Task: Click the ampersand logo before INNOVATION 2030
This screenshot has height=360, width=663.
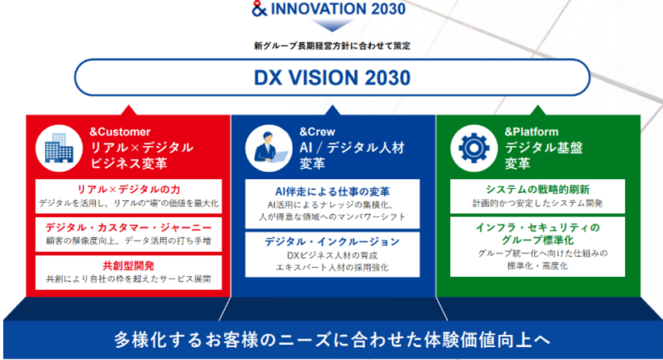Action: [259, 8]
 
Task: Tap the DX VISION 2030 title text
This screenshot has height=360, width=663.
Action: [332, 77]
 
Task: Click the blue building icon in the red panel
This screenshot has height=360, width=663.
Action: [59, 148]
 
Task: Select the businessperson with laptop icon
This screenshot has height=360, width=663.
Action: [269, 148]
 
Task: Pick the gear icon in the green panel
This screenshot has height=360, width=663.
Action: [473, 148]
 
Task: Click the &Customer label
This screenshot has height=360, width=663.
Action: [120, 132]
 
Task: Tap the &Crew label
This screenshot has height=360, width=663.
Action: [317, 132]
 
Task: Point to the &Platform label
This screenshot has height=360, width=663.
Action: [532, 132]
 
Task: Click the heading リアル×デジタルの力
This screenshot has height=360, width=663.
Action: [128, 190]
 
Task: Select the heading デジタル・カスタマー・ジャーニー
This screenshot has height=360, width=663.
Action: [128, 228]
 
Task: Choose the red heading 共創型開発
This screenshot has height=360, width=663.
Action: [128, 266]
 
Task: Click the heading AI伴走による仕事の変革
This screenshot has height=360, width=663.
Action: [332, 192]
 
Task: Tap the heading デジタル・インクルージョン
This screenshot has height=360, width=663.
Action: [332, 241]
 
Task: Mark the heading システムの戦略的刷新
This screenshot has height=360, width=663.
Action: [537, 190]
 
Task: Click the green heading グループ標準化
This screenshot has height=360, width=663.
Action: [537, 241]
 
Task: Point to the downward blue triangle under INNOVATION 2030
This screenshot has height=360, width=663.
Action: [332, 25]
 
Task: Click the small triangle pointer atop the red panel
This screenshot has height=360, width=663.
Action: [129, 110]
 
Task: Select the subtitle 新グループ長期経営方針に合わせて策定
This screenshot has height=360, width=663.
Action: [332, 46]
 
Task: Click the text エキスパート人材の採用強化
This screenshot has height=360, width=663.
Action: [332, 267]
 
